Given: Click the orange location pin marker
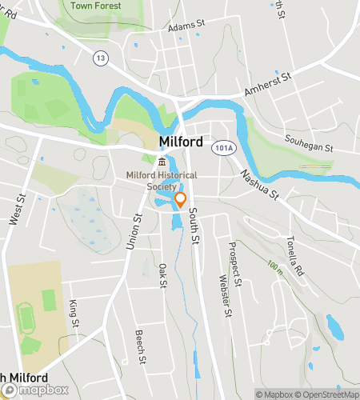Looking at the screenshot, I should coord(180,200).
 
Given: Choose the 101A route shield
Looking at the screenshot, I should coord(223,148).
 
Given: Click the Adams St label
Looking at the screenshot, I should coord(187,26).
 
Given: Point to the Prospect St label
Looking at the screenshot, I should coord(234,264).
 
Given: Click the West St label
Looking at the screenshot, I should coord(15,209).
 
